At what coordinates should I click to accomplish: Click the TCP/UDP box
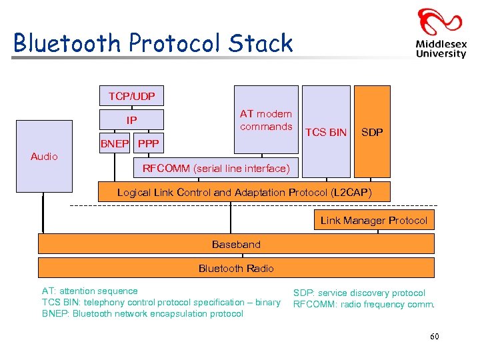point(131,97)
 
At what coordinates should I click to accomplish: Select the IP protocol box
point(131,121)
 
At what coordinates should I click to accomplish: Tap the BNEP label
point(115,144)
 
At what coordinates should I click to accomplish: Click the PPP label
point(149,144)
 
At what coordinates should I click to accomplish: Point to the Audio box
point(44,157)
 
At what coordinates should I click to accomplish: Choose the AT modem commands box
point(266,121)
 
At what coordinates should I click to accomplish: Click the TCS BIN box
point(326,132)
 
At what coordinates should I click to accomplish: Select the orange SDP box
point(372,132)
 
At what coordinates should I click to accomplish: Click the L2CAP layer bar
point(244,193)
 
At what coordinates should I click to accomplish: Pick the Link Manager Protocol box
point(373,221)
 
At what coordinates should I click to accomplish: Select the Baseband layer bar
point(236,245)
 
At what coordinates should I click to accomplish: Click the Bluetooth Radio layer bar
point(236,268)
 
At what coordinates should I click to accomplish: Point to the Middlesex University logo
point(440,33)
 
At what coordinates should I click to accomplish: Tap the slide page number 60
point(435,337)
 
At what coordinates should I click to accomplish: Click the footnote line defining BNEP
point(143,314)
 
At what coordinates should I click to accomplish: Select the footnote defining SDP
point(359,293)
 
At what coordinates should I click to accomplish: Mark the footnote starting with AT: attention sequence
point(90,291)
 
